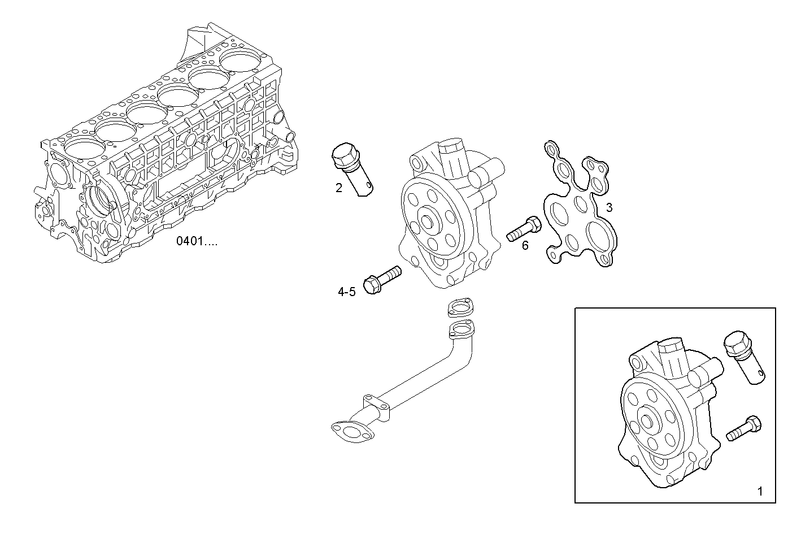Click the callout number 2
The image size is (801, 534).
tap(338, 188)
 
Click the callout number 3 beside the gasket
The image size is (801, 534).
tap(609, 207)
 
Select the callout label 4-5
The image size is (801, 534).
tap(346, 292)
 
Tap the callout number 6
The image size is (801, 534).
tap(525, 245)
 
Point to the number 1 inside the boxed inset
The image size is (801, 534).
tap(759, 492)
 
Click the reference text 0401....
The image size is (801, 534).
tap(195, 241)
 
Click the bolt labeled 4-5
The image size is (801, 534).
tap(382, 280)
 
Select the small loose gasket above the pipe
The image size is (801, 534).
tap(458, 307)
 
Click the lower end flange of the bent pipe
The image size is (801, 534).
tap(351, 431)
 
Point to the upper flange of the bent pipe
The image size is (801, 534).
tap(460, 329)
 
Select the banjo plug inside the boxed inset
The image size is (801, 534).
tap(743, 358)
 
